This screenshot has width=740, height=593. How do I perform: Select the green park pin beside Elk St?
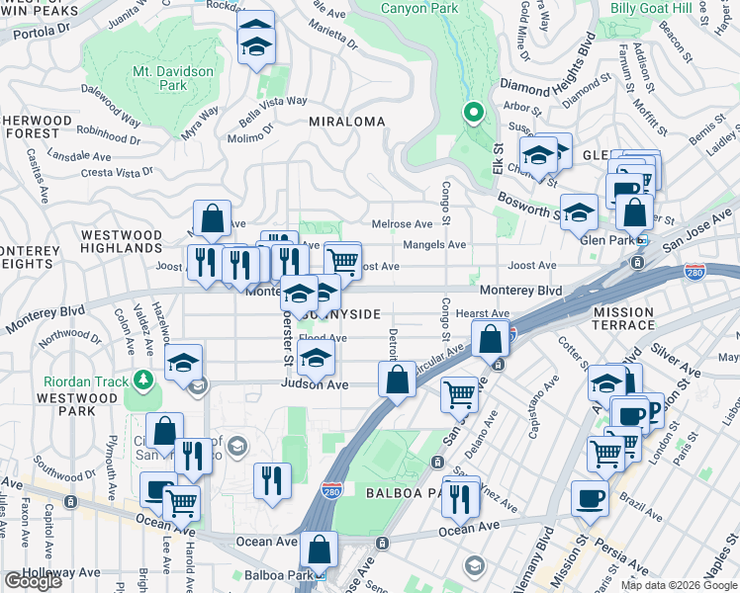pos(474,113)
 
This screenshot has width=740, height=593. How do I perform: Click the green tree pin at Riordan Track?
pos(144,380)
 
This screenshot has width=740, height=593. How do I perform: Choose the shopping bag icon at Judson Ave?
pos(397,380)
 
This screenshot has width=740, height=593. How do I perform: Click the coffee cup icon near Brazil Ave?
pos(592,499)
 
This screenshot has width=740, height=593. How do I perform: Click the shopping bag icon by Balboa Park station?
pos(320,550)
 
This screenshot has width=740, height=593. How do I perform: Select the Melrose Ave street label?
pos(402,224)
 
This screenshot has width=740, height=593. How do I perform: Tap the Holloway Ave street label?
pos(65,572)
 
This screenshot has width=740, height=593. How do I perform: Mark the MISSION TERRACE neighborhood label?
pos(623,318)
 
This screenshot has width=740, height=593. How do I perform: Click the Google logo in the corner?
pos(33,581)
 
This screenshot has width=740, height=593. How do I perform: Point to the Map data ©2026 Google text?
pos(678,585)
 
